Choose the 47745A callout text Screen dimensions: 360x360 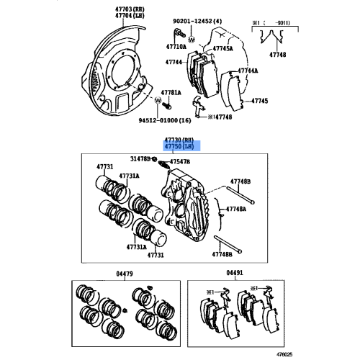(222, 49)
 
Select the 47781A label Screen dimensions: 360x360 (171, 93)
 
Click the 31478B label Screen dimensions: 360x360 (141, 158)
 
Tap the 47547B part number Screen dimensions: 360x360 (180, 163)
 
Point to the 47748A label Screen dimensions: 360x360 (236, 209)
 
